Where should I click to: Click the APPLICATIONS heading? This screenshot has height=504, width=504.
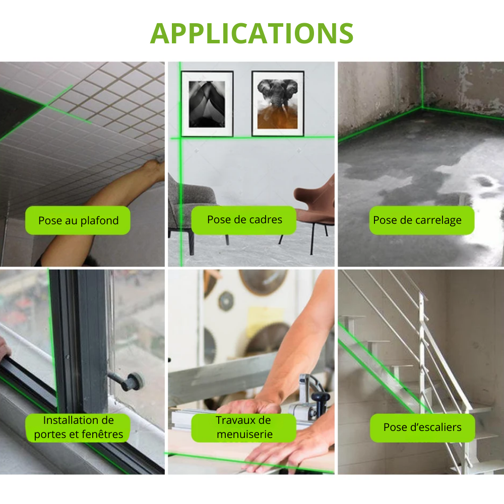[251, 33]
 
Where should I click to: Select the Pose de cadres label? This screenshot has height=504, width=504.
[244, 220]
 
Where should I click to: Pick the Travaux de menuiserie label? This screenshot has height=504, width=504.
[244, 427]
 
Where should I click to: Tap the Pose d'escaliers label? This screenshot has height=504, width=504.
[422, 428]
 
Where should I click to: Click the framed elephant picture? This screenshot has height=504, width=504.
[278, 103]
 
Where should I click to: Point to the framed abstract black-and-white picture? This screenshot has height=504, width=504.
[207, 104]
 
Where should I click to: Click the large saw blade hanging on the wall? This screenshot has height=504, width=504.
[264, 282]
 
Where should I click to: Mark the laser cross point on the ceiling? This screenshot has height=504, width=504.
[46, 105]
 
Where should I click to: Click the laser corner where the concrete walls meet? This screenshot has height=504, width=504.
[422, 108]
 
